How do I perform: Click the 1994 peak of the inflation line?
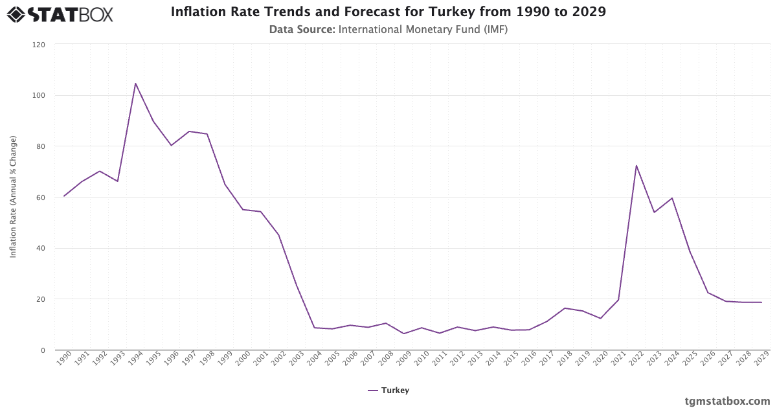pos(135,83)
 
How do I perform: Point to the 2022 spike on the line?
pos(636,165)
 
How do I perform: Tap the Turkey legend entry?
pos(388,391)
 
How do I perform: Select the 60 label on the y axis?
pos(41,198)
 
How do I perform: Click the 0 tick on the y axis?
pos(43,350)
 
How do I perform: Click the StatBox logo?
pos(60,14)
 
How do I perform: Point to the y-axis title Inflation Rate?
pos(13,197)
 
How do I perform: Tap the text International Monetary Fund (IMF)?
pos(423,29)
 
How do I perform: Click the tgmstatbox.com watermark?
pos(727,400)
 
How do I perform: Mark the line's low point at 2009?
pos(404,334)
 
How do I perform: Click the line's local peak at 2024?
pos(672,198)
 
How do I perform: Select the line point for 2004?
pos(315,328)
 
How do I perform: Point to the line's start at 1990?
pos(64,196)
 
